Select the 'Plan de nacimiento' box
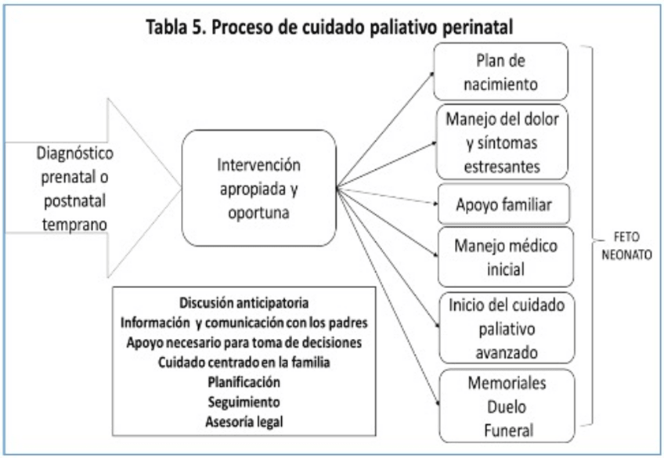point(501,71)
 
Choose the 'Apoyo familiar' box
point(503,205)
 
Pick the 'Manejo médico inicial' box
point(505,257)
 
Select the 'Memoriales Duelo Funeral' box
point(507,406)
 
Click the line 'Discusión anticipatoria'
point(245,303)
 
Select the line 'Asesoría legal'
point(245,420)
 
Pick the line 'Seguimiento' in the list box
point(245,401)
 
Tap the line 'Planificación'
point(245,381)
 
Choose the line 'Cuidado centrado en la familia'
point(245,362)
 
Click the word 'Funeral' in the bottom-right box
point(506,429)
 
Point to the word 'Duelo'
point(506,407)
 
